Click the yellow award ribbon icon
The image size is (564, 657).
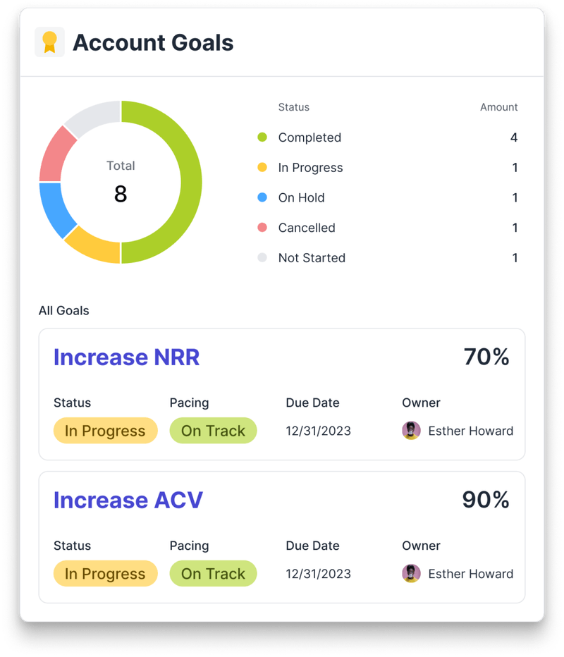49,42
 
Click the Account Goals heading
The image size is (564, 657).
153,42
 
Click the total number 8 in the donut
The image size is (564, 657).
121,195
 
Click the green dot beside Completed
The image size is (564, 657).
262,137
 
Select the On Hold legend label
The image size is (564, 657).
301,198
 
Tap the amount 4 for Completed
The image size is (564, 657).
514,137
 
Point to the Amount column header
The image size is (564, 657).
498,107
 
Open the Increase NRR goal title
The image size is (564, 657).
127,357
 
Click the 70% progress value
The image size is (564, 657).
486,357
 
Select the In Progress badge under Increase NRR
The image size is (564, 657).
105,431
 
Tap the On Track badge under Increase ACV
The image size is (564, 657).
213,574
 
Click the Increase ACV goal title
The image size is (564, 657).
128,500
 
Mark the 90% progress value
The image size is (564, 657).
486,500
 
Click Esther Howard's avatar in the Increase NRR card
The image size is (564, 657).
411,431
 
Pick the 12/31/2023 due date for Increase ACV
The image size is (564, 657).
318,574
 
